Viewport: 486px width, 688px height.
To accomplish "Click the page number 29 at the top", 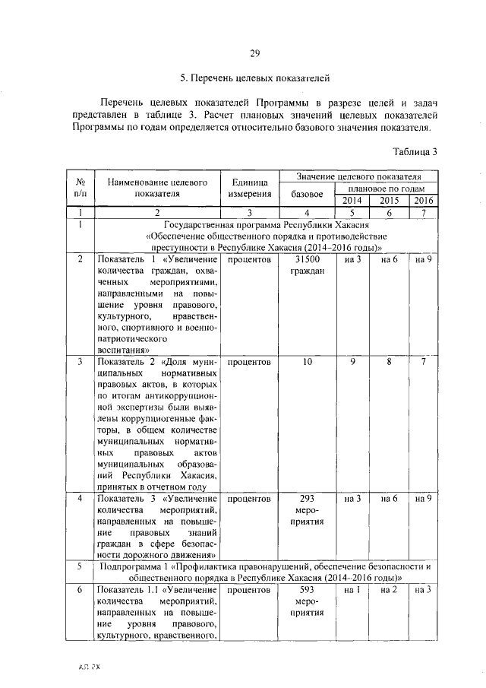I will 255,52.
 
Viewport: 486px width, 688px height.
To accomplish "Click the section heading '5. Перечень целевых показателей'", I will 254,78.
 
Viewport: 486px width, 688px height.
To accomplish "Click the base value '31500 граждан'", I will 308,265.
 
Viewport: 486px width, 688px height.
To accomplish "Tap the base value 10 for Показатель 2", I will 308,362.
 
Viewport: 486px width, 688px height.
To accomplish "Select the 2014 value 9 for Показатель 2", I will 352,362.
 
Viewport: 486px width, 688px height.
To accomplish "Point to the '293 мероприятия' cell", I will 308,510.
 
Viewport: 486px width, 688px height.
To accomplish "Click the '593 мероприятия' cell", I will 308,601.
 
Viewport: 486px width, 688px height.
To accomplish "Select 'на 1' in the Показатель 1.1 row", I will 352,590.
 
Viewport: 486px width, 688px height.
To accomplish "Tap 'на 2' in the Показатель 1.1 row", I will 390,590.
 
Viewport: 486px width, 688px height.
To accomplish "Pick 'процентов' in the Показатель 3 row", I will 249,499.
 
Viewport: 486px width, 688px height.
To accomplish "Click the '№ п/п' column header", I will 80,188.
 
